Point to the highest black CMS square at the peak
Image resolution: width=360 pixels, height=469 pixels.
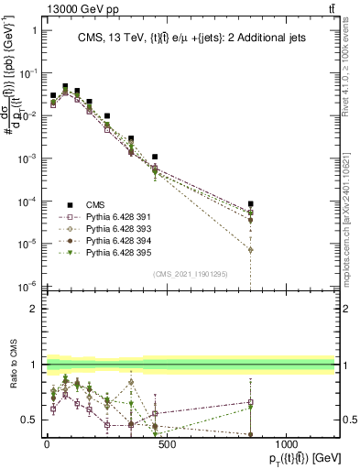pyautogui.click(x=65, y=86)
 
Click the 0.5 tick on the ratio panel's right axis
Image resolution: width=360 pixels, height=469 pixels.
pyautogui.click(x=348, y=420)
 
